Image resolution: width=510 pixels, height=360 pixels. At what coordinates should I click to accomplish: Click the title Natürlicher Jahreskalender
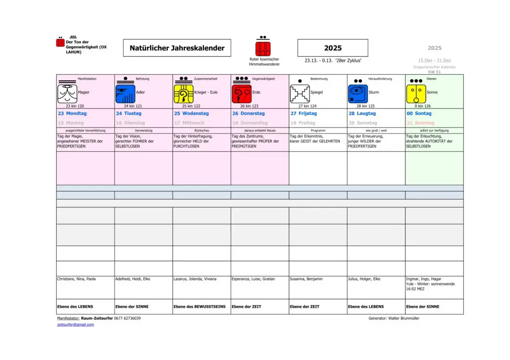pyautogui.click(x=177, y=48)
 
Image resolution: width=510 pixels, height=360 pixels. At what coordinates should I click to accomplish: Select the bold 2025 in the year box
pyautogui.click(x=333, y=48)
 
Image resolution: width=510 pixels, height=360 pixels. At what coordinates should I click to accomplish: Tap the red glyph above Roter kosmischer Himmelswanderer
pyautogui.click(x=263, y=48)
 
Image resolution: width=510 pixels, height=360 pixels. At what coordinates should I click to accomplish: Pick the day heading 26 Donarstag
pyautogui.click(x=249, y=114)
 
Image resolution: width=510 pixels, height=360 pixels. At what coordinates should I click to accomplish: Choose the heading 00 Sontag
pyautogui.click(x=419, y=114)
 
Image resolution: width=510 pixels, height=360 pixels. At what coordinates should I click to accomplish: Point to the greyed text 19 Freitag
pyautogui.click(x=303, y=123)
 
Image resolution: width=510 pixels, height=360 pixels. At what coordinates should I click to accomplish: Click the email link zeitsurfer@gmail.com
pyautogui.click(x=75, y=325)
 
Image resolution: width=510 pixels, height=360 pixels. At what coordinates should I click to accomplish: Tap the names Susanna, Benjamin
pyautogui.click(x=306, y=279)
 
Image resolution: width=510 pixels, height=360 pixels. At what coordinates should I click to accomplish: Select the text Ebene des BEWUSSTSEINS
pyautogui.click(x=199, y=307)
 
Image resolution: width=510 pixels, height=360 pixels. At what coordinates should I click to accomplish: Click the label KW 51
pyautogui.click(x=434, y=72)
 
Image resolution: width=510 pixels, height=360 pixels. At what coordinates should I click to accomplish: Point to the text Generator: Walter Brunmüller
pyautogui.click(x=394, y=318)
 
